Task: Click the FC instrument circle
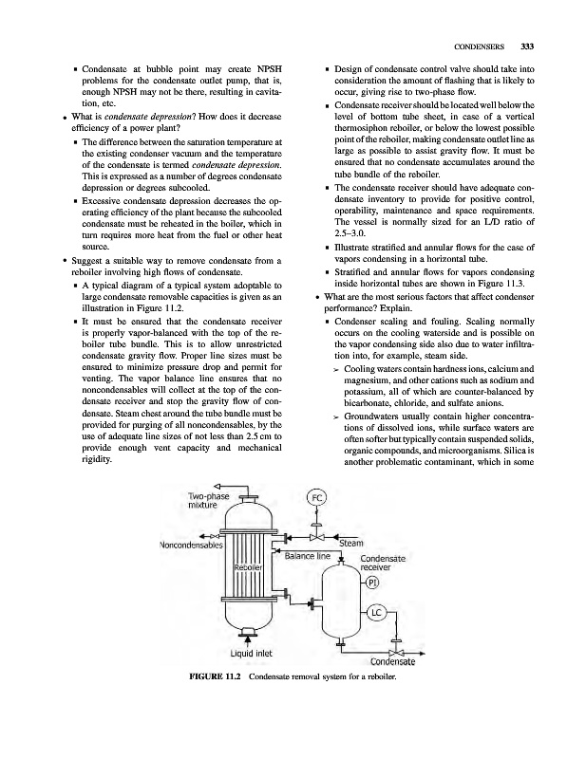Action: (x=318, y=498)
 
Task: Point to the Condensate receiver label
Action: (x=384, y=564)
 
